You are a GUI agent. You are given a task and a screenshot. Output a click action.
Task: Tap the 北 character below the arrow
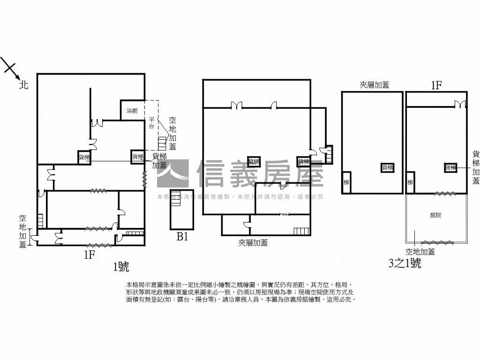point(24,85)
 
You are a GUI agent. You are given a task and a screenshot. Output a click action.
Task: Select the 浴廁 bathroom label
point(132,111)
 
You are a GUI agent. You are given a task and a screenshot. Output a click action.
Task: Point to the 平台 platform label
point(151,123)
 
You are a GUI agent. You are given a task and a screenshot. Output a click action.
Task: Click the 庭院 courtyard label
point(435,215)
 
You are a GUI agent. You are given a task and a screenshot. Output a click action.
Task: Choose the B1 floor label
point(182,237)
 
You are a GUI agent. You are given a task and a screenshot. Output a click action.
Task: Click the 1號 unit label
point(121,267)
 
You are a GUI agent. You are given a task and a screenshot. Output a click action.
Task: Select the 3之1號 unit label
point(405,263)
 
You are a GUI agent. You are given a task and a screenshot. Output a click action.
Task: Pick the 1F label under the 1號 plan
point(90,255)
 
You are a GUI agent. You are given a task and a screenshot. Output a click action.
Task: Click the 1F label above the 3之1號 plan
point(436,85)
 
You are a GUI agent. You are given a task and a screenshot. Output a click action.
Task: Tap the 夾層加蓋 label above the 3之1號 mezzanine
point(374,85)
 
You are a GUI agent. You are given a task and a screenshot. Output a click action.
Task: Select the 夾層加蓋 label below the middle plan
point(253,242)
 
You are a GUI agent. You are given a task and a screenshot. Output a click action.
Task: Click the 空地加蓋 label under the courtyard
point(420,252)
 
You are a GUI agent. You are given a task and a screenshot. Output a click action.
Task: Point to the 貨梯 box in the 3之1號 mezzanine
point(387,167)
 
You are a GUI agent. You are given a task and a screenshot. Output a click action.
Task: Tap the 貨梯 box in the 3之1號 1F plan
point(450,167)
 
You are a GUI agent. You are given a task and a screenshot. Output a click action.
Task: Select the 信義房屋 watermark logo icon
point(172,174)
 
